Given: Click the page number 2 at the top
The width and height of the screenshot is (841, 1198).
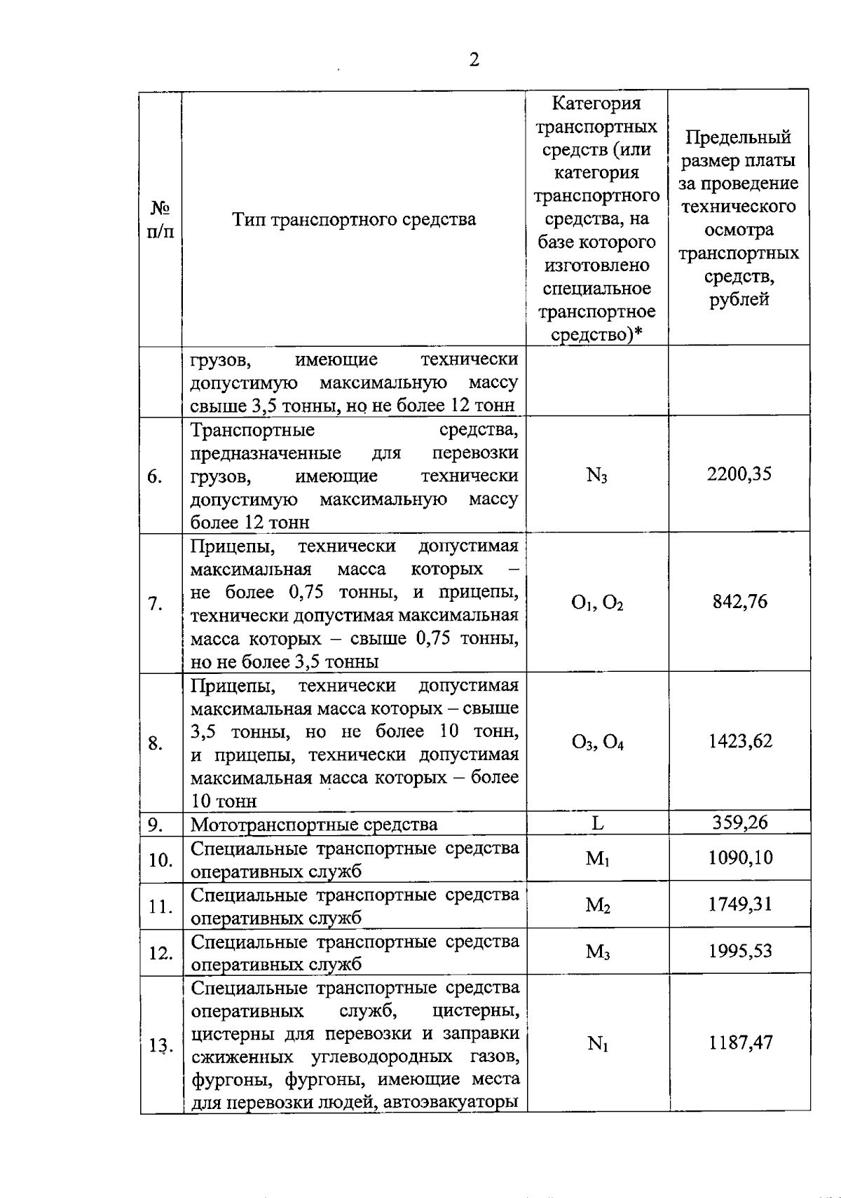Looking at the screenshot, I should pyautogui.click(x=474, y=60).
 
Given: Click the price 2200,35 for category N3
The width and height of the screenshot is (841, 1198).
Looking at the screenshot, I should pyautogui.click(x=739, y=474).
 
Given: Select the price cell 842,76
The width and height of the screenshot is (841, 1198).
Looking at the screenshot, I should pyautogui.click(x=739, y=602).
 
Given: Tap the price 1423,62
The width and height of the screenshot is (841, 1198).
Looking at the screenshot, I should pyautogui.click(x=739, y=741).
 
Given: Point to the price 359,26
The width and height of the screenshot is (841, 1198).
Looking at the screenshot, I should pyautogui.click(x=740, y=822).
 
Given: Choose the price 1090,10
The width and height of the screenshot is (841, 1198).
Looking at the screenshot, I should pyautogui.click(x=740, y=858).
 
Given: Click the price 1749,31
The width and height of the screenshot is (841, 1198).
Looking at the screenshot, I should pyautogui.click(x=740, y=904).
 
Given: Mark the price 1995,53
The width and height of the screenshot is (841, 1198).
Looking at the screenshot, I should pyautogui.click(x=740, y=951).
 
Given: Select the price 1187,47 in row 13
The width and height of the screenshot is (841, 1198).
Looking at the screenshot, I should pyautogui.click(x=740, y=1042).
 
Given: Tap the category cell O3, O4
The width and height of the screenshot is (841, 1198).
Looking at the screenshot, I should pyautogui.click(x=597, y=743).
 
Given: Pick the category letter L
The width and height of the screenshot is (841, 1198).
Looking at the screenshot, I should pyautogui.click(x=597, y=823).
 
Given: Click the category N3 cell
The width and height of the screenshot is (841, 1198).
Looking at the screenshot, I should pyautogui.click(x=596, y=476).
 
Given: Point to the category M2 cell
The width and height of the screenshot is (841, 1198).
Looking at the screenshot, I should pyautogui.click(x=597, y=905).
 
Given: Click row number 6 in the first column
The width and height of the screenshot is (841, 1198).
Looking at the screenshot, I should pyautogui.click(x=155, y=476).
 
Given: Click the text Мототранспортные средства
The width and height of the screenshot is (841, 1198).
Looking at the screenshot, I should pyautogui.click(x=314, y=825).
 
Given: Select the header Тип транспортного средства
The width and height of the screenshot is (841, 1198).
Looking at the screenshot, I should pyautogui.click(x=354, y=219).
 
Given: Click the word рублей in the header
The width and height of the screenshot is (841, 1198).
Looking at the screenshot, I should pyautogui.click(x=739, y=300).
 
